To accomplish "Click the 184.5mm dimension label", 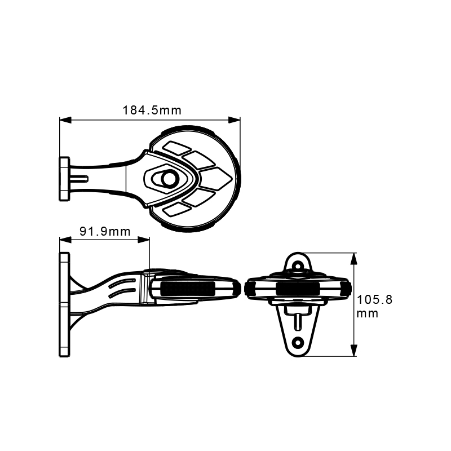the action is coord(152,110).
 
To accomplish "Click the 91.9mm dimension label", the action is coord(105,231).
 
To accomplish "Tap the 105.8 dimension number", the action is coord(374,300).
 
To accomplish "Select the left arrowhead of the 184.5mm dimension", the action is coord(65,120).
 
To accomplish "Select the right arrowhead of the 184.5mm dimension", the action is coord(234,120).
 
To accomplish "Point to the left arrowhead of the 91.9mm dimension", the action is coord(65,240).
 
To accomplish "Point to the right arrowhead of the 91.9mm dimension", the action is coord(144,240).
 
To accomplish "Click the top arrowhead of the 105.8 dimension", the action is coord(354,259).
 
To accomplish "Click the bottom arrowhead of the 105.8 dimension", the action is coord(354,351).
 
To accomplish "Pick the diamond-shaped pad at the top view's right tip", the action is coord(215,179).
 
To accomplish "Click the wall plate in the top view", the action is coord(64,179).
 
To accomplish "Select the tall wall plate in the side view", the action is coord(64,305).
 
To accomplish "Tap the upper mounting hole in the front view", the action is coord(298,264).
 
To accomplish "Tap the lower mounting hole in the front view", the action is coord(298,343).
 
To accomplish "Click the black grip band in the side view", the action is coord(187,289).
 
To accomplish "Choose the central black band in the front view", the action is coord(298,289).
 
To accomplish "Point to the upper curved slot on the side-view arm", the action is coord(122,282).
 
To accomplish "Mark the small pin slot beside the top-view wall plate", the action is coord(79,179).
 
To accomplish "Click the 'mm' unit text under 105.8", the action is coord(368,313).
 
